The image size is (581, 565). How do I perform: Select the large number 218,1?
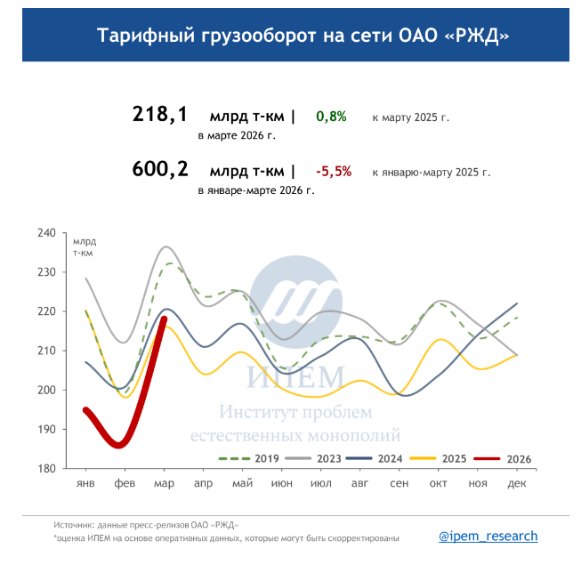point(160,115)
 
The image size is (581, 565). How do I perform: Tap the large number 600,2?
point(160,169)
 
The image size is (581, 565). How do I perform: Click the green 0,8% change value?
point(331,117)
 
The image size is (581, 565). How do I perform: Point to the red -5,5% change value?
point(334,171)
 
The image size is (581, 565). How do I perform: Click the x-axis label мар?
point(164,483)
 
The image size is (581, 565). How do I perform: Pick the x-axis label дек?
point(516,483)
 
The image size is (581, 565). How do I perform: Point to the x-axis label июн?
point(281,483)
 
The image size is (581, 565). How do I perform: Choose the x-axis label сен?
point(399,483)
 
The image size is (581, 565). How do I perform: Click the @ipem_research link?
point(488,536)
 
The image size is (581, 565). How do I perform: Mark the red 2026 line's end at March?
point(164,319)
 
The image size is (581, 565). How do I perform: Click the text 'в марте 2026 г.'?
point(236,136)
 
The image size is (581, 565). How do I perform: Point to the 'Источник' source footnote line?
point(146,525)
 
